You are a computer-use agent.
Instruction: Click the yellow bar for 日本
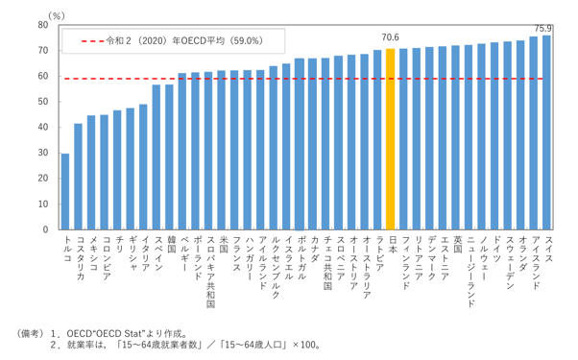tap(390, 139)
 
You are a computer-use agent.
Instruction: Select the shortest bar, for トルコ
tap(65, 192)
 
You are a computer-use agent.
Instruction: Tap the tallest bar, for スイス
tap(546, 132)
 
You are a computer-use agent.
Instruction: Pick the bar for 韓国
tap(169, 157)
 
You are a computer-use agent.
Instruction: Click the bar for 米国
tap(221, 150)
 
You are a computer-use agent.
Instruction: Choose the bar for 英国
tap(455, 137)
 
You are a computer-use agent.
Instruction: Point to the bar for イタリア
tap(143, 167)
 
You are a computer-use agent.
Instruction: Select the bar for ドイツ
tap(494, 136)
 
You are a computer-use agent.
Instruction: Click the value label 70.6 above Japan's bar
tap(391, 37)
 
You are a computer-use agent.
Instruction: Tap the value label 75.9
tap(543, 29)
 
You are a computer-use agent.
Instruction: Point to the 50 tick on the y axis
tap(43, 102)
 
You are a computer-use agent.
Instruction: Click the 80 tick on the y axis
tap(43, 25)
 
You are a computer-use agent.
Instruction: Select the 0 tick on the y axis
tap(46, 229)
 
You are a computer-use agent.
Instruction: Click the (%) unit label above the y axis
tap(57, 16)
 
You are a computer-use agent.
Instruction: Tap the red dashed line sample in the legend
tap(92, 41)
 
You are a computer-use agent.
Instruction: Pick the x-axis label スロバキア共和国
tap(210, 272)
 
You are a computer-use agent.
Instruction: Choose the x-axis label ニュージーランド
tap(470, 272)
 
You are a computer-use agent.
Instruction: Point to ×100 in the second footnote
tap(305, 346)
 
